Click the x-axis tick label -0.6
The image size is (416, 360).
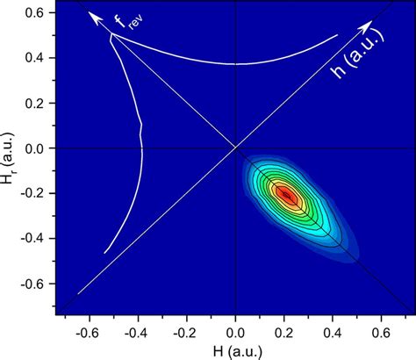pos(87,333)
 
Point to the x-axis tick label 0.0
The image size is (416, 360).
pos(235,333)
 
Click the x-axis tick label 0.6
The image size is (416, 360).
pos(383,333)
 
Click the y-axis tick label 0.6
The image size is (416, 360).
pos(36,12)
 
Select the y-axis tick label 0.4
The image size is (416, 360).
pos(36,58)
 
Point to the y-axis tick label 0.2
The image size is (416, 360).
pos(36,103)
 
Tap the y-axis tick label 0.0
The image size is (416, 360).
pos(36,148)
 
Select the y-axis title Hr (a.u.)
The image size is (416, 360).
pos(10,149)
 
